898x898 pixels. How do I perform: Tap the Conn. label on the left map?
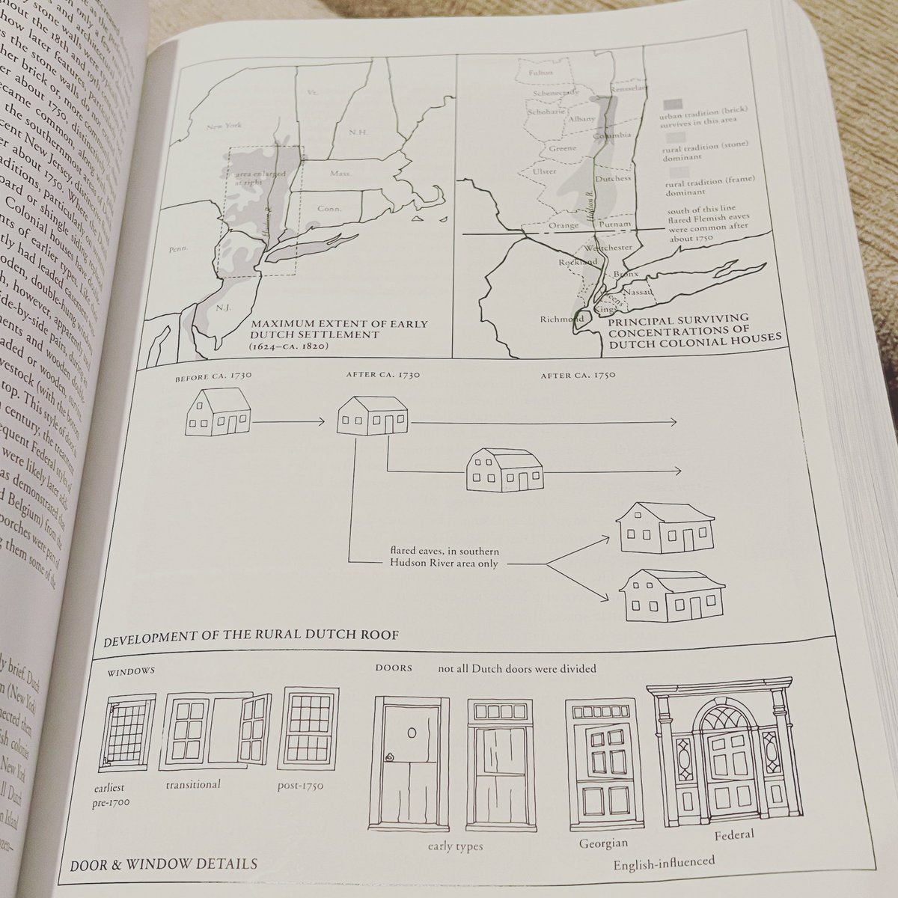pyautogui.click(x=327, y=210)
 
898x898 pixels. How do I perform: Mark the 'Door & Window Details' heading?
pyautogui.click(x=164, y=864)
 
